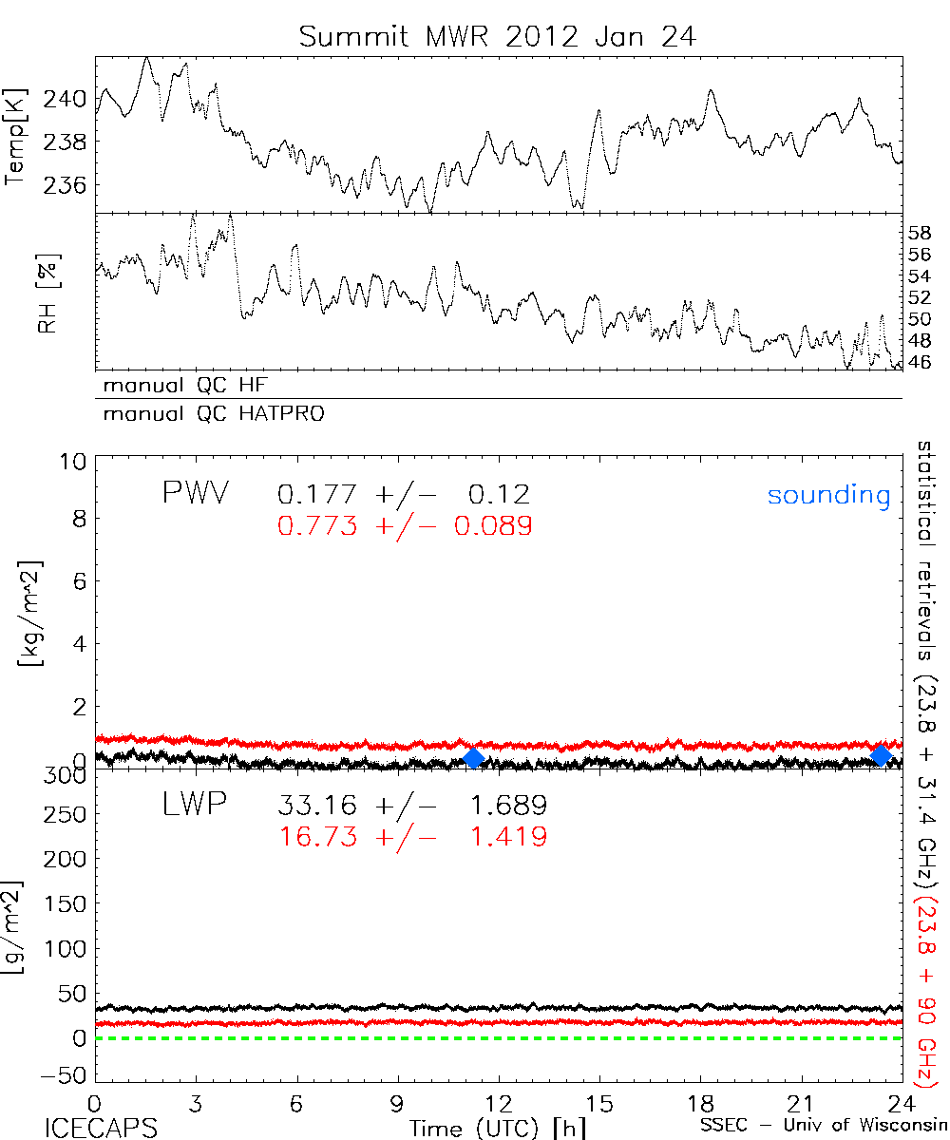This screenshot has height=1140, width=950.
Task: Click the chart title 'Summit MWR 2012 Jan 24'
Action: (498, 36)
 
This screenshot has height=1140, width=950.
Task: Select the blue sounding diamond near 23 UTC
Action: (881, 755)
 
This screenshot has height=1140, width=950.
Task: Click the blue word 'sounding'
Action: (829, 495)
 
